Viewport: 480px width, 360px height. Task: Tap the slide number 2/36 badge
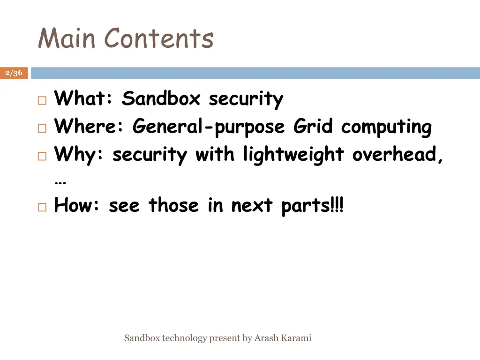coord(14,73)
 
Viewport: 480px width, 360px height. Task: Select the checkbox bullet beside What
coord(42,100)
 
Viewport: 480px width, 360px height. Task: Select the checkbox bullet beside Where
coord(42,128)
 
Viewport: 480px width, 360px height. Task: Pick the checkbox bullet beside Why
coord(42,157)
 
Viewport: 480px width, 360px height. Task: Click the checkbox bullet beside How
coord(42,207)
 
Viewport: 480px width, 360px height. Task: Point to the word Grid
coord(314,127)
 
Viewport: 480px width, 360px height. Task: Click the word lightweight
coord(293,155)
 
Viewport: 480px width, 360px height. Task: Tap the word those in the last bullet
coord(173,205)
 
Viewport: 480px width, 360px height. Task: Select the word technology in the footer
coord(184,338)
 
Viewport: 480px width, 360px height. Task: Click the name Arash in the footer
coord(266,338)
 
